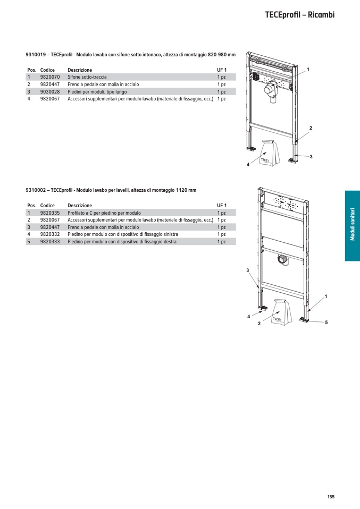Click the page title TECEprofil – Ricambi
coord(299,15)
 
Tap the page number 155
coord(331,497)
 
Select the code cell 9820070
coord(50,77)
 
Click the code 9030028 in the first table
coord(50,91)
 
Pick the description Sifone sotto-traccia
coord(87,77)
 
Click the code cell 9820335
coord(50,213)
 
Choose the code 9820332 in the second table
coord(50,234)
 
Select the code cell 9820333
coord(50,241)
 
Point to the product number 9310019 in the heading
coord(36,55)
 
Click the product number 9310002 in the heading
coord(36,190)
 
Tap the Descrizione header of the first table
coord(80,70)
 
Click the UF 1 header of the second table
coord(222,206)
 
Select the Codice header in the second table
coord(47,206)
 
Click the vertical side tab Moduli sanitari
coord(352,226)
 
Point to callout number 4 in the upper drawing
coord(248,165)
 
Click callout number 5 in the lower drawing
coord(326,323)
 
